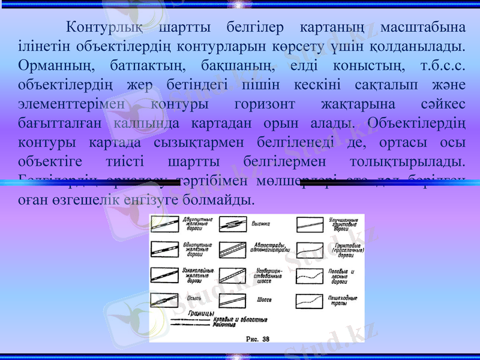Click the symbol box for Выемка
(232, 225)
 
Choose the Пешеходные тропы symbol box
(310, 299)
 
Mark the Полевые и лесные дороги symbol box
(310, 275)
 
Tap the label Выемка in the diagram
(261, 224)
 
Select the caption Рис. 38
(258, 338)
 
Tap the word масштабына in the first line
(427, 27)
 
